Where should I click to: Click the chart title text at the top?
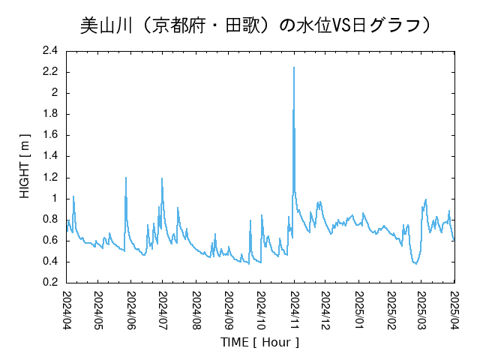tap(255, 25)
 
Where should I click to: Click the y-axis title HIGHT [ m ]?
tap(25, 166)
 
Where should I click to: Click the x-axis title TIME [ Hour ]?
tap(260, 342)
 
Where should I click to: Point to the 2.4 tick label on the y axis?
tap(50, 50)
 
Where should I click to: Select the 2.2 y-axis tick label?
tap(50, 72)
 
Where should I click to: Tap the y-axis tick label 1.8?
tap(50, 114)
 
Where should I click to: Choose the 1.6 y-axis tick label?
tap(50, 135)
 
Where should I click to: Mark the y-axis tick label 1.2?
tap(50, 177)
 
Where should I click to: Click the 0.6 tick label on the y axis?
tap(50, 240)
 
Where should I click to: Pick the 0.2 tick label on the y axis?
tap(50, 283)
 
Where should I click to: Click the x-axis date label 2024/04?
tap(67, 310)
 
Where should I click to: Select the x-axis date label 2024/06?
tap(131, 310)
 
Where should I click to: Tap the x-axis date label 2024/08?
tap(196, 310)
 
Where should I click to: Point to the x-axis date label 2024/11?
tap(293, 310)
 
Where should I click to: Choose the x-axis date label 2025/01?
tap(358, 310)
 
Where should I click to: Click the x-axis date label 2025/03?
tap(421, 310)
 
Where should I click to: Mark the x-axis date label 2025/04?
tap(454, 310)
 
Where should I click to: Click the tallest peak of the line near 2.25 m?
tap(294, 67)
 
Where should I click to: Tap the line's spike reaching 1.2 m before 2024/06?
tap(126, 178)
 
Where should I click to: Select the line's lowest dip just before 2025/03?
tap(414, 263)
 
